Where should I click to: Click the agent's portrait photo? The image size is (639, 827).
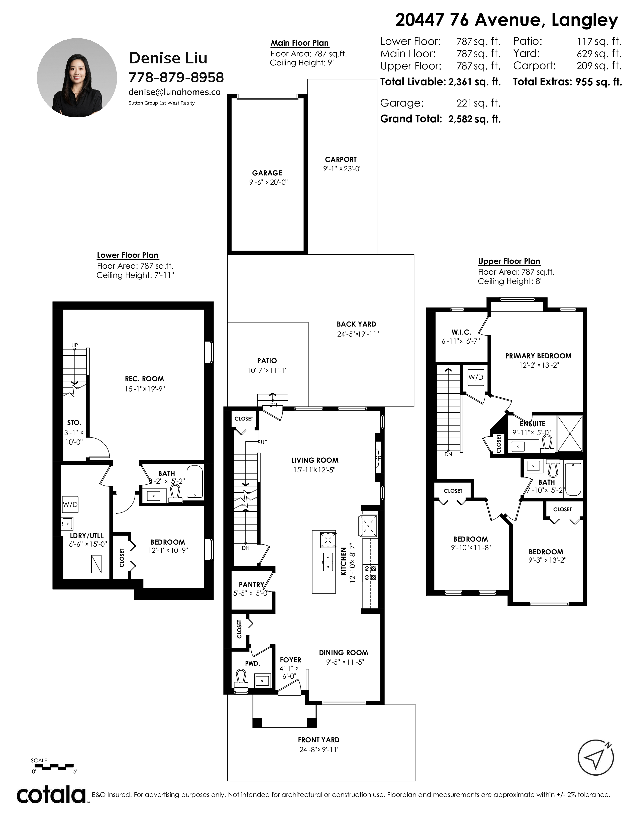tap(77, 78)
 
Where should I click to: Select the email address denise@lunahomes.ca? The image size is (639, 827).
tap(174, 92)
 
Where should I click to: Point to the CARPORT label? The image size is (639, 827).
tap(341, 159)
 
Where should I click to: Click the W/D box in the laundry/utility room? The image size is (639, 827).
tap(70, 504)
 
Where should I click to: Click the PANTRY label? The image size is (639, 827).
tap(251, 585)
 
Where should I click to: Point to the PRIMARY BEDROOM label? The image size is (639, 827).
tap(538, 356)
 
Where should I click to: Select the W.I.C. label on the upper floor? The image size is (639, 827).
tap(461, 332)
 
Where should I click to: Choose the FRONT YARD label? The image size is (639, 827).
tap(319, 740)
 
